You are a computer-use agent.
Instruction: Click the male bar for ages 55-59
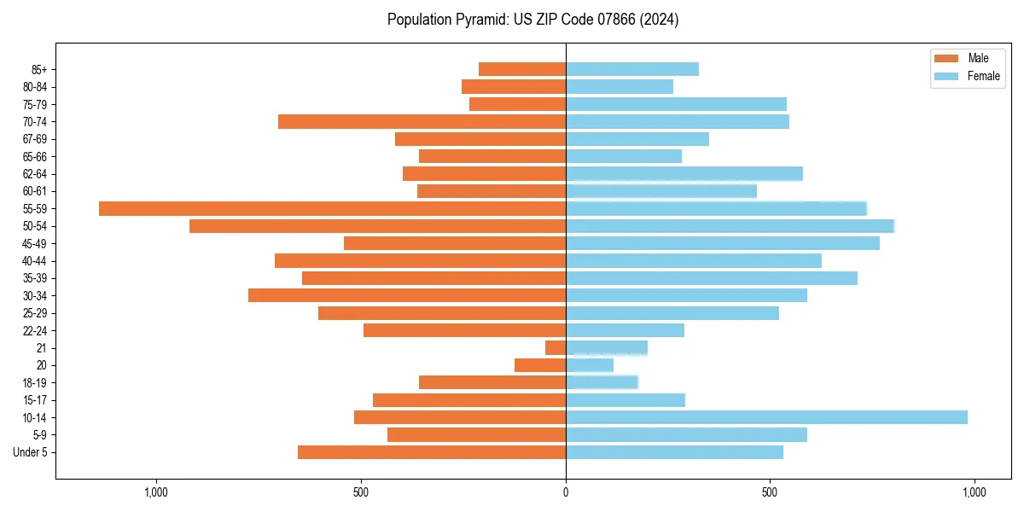(x=332, y=208)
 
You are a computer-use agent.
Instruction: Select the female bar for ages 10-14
(x=766, y=417)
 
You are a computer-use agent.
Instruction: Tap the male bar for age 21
(x=556, y=347)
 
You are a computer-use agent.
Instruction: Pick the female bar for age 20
(x=589, y=365)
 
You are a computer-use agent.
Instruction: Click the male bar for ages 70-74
(x=422, y=121)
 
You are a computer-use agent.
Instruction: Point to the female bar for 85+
(x=631, y=69)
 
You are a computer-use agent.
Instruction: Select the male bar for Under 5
(x=432, y=452)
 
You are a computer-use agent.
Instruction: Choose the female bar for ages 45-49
(x=722, y=243)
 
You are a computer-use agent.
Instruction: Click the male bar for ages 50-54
(x=377, y=226)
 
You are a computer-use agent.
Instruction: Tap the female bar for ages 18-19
(x=602, y=382)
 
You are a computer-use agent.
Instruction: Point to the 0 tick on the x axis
(x=566, y=492)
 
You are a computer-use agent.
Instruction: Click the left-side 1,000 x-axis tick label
(x=155, y=492)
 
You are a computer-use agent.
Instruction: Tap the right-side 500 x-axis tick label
(x=770, y=492)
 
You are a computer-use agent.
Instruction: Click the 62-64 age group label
(x=34, y=174)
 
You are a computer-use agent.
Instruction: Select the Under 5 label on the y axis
(x=30, y=452)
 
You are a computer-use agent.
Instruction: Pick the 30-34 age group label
(x=34, y=295)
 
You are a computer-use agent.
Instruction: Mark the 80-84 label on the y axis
(x=34, y=87)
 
